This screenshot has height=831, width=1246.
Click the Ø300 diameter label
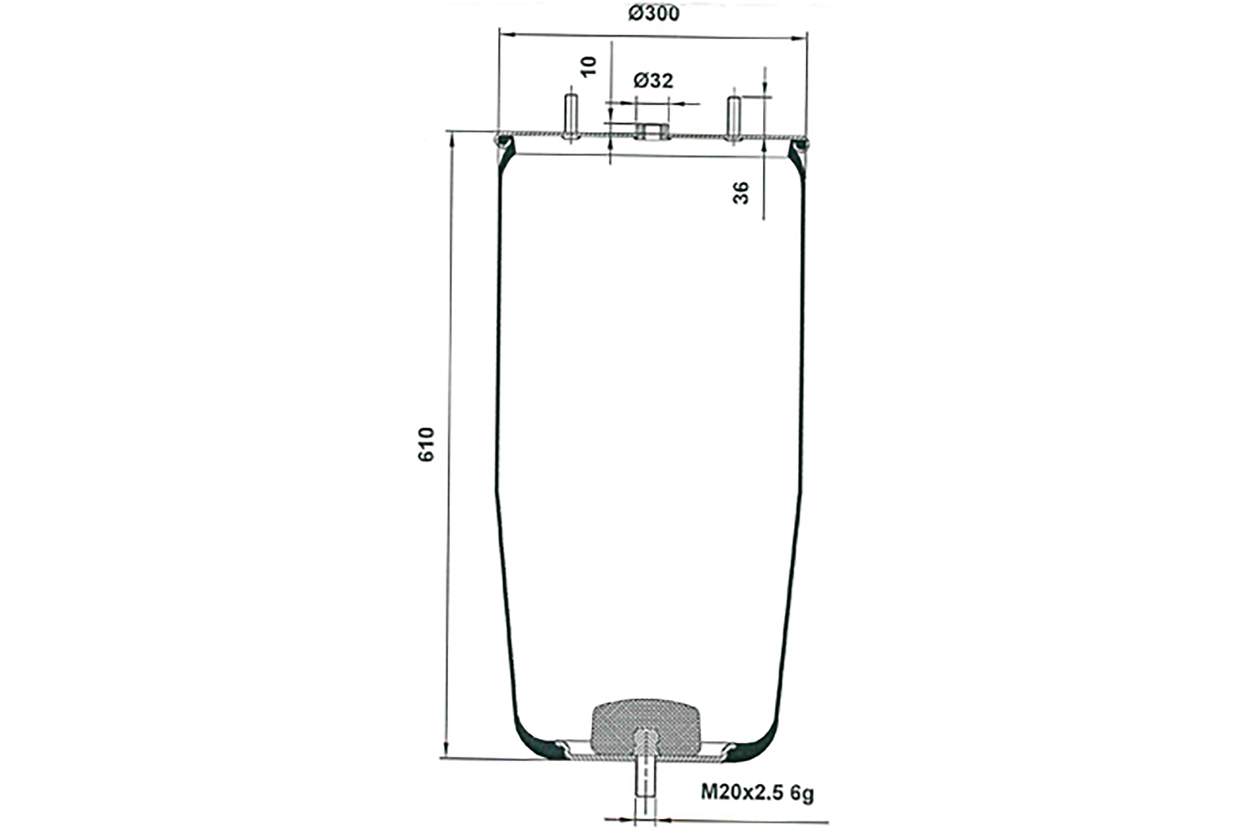click(x=654, y=14)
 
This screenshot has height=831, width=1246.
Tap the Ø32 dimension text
click(x=654, y=80)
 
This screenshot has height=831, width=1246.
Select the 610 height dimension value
click(x=426, y=445)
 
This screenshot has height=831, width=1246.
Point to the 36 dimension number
click(x=741, y=192)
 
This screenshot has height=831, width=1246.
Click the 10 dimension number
click(x=589, y=67)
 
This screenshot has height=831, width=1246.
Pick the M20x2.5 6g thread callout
click(x=757, y=793)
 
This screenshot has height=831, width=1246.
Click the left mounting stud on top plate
click(x=571, y=117)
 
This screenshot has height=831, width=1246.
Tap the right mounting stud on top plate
click(x=733, y=119)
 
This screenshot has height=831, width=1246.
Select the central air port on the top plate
click(x=652, y=131)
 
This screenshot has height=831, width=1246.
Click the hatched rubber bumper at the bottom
click(x=645, y=727)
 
